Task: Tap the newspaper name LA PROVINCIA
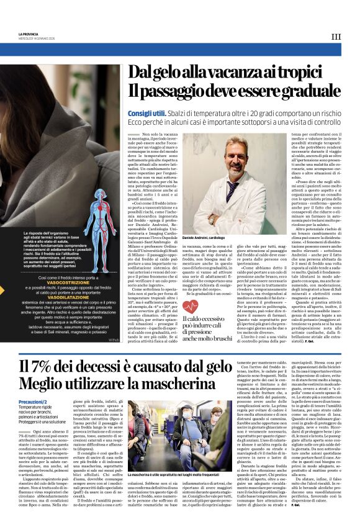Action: click(x=29, y=34)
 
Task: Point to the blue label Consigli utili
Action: click(x=147, y=114)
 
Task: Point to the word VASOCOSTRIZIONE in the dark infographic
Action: click(x=60, y=282)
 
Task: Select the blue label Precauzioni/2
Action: click(x=38, y=402)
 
